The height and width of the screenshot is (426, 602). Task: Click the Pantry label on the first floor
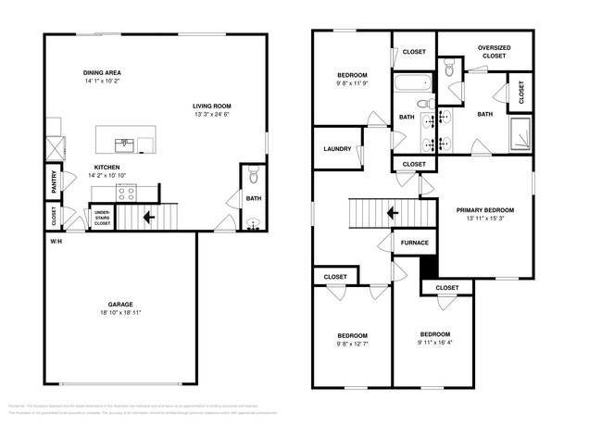coord(55,182)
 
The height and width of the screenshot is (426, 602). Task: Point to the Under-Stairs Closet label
coord(102,218)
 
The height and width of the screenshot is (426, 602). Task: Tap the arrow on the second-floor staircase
coord(393,213)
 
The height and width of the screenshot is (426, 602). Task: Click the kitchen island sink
coord(123,144)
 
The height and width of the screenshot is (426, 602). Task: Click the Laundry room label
coord(335,150)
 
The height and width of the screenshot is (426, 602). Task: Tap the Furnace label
coord(414,243)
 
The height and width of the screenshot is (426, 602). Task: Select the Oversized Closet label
coord(493,51)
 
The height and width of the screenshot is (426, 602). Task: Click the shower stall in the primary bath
coord(521,135)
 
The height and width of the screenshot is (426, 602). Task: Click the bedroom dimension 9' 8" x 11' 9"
coord(352,84)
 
